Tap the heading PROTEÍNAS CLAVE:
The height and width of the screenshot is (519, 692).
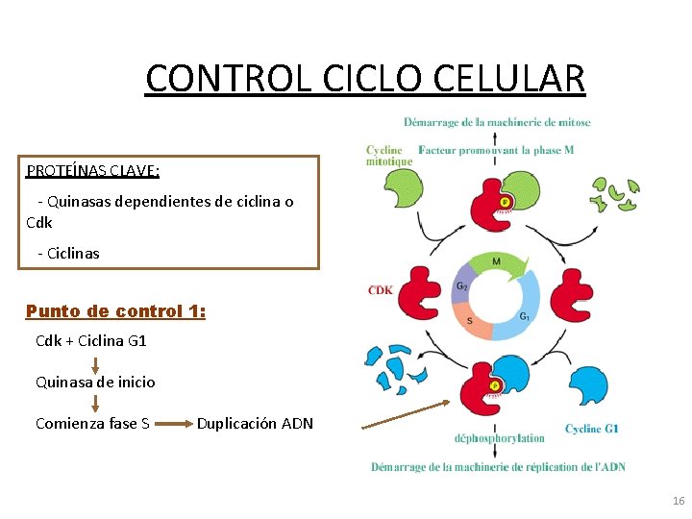[x=93, y=171]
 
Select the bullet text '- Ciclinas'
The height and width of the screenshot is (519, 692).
[x=68, y=253]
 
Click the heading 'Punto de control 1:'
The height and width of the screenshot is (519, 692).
[x=115, y=311]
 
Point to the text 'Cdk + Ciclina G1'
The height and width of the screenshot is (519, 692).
[x=91, y=341]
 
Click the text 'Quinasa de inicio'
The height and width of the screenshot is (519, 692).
[x=95, y=383]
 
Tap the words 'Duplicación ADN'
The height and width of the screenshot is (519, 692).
[x=255, y=424]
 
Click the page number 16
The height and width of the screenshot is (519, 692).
[x=679, y=502]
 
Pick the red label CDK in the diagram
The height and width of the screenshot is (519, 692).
[x=380, y=290]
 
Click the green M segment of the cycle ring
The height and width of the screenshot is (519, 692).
[x=496, y=262]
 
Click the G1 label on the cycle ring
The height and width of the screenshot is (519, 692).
[x=526, y=317]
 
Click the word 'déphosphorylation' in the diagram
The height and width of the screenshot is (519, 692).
[x=500, y=438]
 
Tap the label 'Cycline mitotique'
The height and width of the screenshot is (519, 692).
[x=389, y=156]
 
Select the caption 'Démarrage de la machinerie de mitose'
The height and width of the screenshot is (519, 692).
[x=497, y=122]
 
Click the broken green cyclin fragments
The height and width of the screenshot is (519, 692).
[x=614, y=194]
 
